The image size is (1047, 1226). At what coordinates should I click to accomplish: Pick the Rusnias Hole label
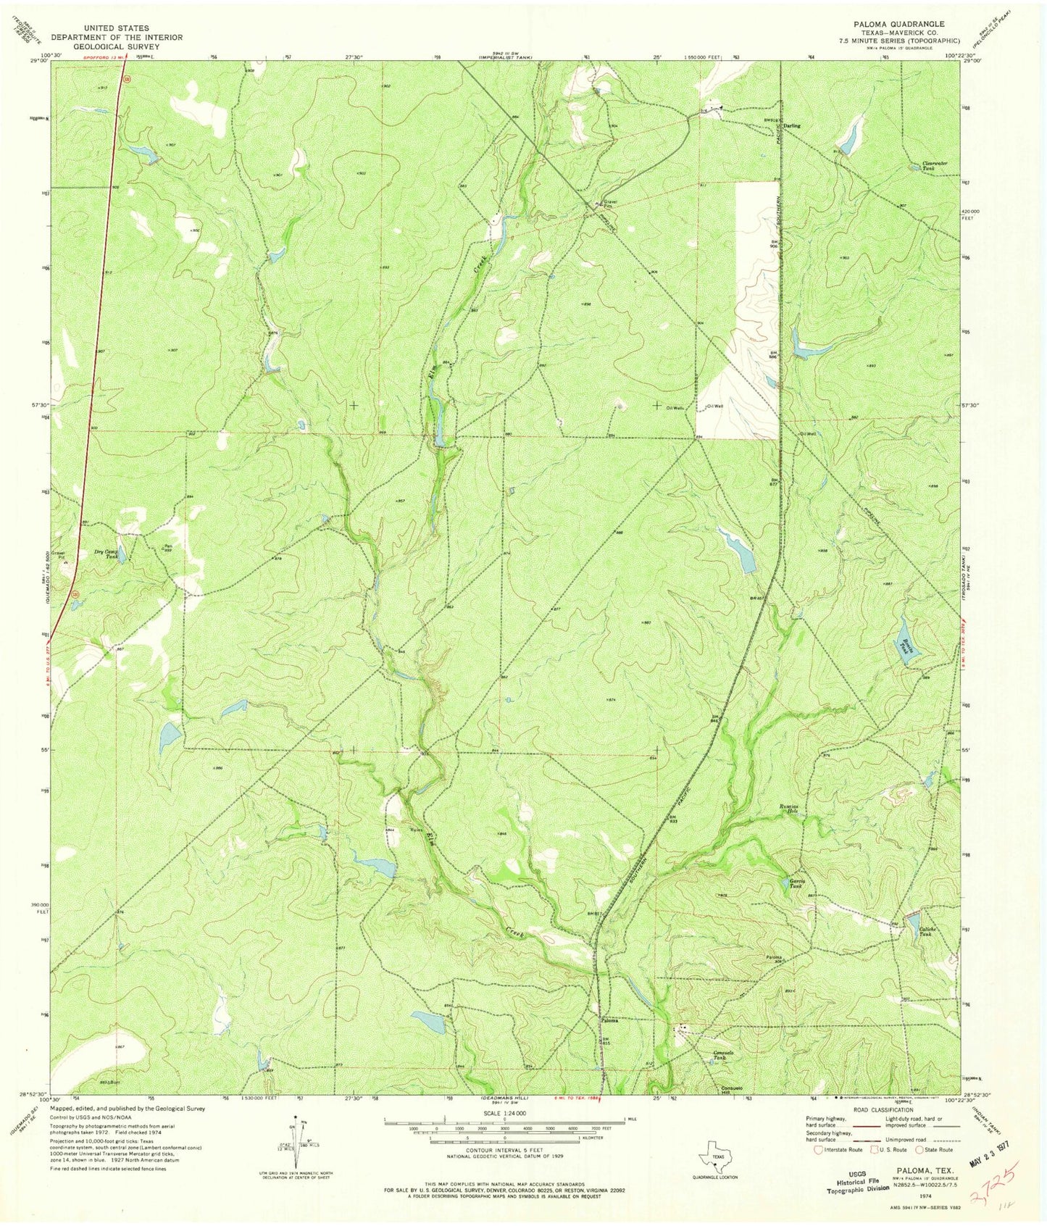tap(788, 809)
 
